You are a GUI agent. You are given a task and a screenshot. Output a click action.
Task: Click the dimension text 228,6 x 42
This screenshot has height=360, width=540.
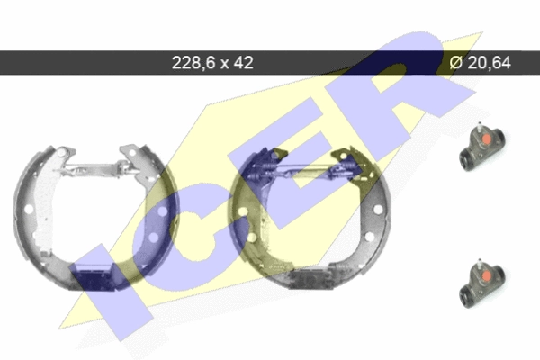pyautogui.click(x=212, y=63)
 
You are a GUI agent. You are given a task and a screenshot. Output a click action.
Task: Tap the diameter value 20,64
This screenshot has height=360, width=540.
pyautogui.click(x=490, y=63)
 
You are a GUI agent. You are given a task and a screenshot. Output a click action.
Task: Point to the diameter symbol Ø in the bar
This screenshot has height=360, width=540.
pyautogui.click(x=456, y=63)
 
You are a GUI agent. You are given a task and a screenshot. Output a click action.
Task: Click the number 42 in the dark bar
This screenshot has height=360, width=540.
pyautogui.click(x=244, y=63)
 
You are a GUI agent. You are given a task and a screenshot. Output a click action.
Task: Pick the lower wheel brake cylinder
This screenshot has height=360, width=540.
pyautogui.click(x=481, y=283)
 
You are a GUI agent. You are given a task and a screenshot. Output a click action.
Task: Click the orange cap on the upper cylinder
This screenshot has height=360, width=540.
pyautogui.click(x=486, y=139)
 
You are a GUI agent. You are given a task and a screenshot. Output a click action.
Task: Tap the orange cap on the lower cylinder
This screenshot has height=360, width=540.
pyautogui.click(x=486, y=275)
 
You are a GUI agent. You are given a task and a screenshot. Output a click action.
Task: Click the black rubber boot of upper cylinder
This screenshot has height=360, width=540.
pyautogui.click(x=466, y=160)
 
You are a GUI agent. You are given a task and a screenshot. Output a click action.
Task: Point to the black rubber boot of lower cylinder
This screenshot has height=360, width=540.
pyautogui.click(x=466, y=297)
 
